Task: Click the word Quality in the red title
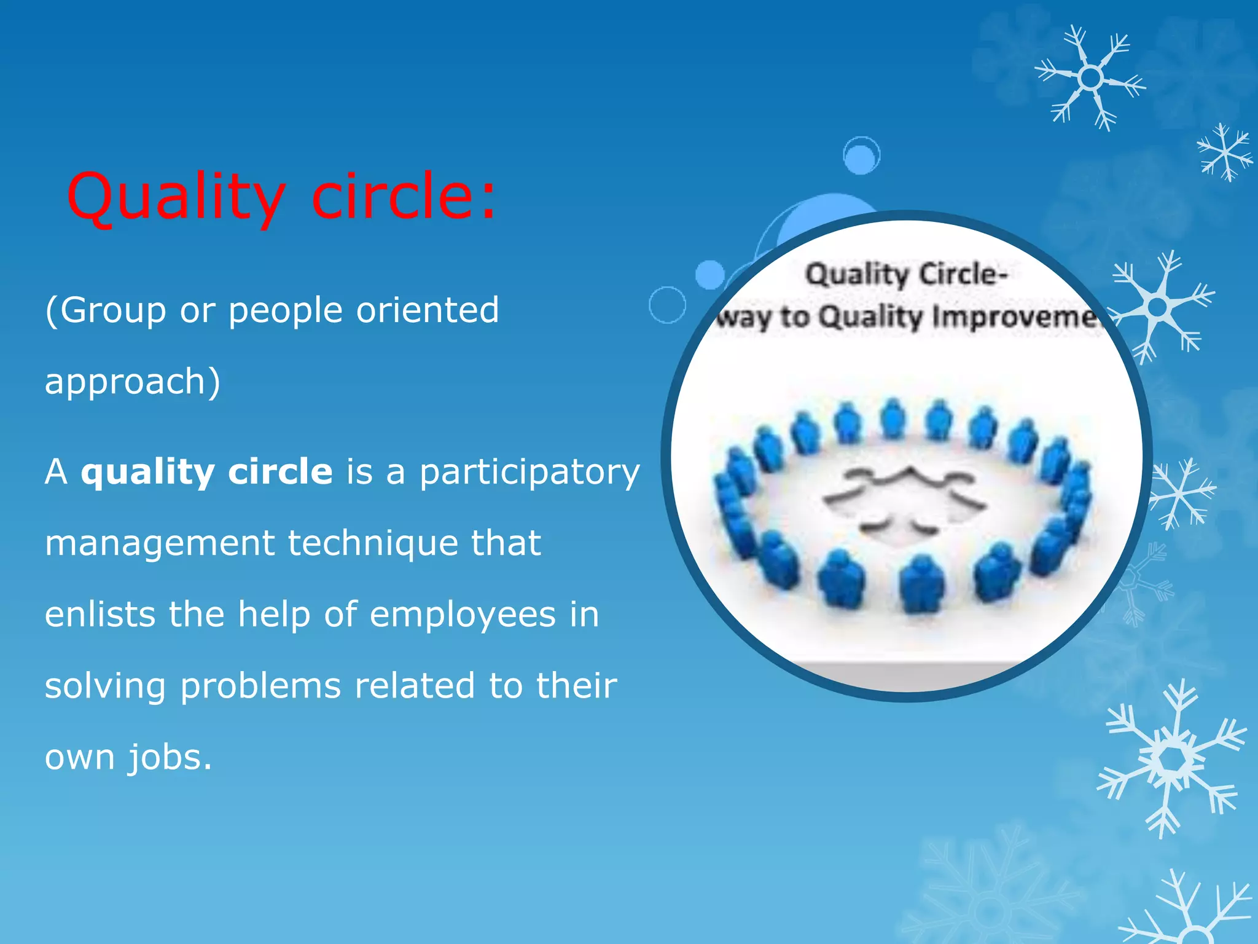click(175, 197)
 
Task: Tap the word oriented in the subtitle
click(428, 310)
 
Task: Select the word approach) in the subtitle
click(132, 382)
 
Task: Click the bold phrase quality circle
click(206, 472)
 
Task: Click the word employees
click(463, 615)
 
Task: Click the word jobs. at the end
click(170, 758)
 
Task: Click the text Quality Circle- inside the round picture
click(907, 275)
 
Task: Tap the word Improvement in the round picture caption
click(1014, 317)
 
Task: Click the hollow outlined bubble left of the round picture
click(667, 305)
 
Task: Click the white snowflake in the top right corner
click(1090, 78)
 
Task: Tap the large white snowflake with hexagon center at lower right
click(1172, 759)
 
